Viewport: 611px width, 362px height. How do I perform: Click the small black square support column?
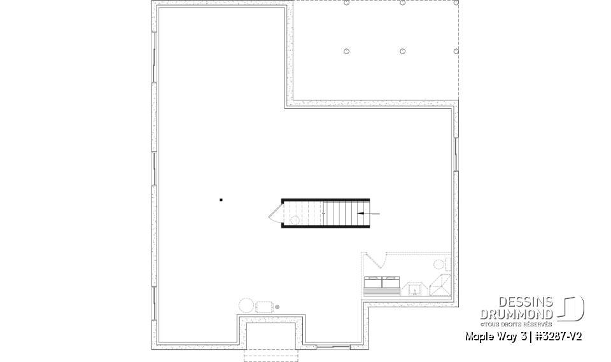(221, 200)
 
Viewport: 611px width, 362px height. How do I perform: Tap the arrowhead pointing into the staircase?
(361, 213)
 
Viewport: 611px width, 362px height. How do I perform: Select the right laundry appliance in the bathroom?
(390, 282)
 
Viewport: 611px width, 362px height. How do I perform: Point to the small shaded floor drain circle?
(277, 307)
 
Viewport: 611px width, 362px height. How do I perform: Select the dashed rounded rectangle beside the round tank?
(264, 307)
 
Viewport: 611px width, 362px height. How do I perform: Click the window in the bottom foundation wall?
(333, 347)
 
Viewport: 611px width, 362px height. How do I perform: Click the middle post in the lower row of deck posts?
(403, 52)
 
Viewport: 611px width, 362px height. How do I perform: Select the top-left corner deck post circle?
(347, 3)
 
